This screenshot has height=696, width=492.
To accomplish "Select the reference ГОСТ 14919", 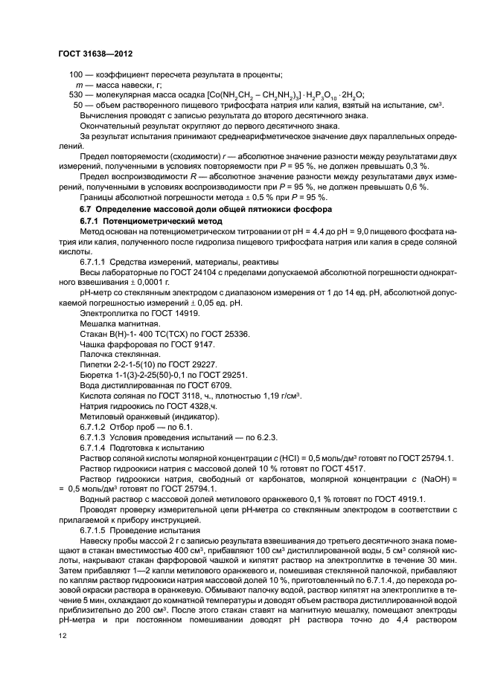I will pyautogui.click(x=156, y=315).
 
